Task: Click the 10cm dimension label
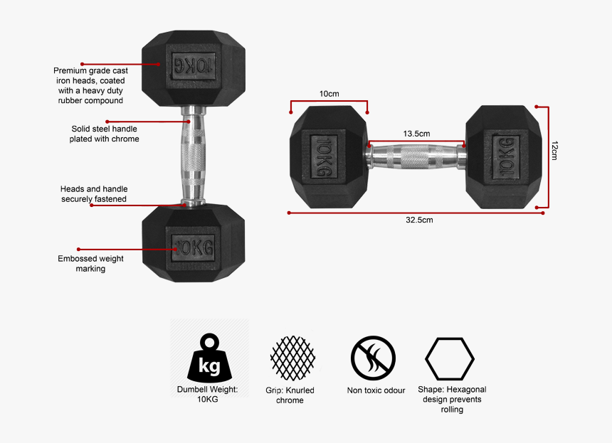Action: click(x=329, y=94)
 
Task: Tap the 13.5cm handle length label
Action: click(x=416, y=134)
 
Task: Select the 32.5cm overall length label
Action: click(x=419, y=220)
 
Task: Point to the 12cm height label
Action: click(x=554, y=150)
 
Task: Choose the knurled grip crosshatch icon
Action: click(x=292, y=358)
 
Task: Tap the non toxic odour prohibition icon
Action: click(x=373, y=358)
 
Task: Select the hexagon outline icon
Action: click(x=450, y=358)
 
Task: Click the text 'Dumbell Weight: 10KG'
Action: click(x=208, y=395)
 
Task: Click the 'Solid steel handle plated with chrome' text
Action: click(x=104, y=134)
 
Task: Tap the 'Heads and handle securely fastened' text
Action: click(x=94, y=194)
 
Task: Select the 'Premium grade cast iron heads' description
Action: click(x=90, y=85)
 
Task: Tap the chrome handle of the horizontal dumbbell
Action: click(x=416, y=156)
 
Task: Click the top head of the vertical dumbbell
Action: click(x=194, y=68)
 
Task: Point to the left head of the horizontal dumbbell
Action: click(x=328, y=157)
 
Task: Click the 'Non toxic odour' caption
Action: click(x=376, y=390)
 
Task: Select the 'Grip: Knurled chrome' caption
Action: click(x=290, y=395)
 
